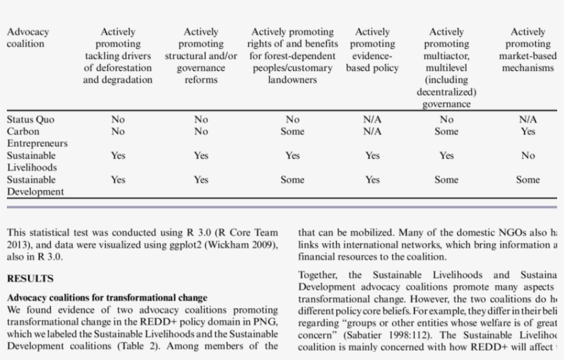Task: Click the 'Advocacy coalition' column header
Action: [28, 38]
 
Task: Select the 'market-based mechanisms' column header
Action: [528, 50]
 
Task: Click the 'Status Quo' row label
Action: [30, 119]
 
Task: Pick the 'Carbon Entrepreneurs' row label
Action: [37, 137]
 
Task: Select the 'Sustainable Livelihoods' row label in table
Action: [32, 161]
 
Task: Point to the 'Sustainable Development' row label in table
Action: [35, 185]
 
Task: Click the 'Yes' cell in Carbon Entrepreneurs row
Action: [528, 131]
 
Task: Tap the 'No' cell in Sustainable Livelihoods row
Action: [528, 156]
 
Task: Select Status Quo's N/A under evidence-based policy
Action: [372, 119]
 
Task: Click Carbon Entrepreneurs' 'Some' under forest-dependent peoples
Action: [292, 131]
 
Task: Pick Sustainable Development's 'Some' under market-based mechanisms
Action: [528, 180]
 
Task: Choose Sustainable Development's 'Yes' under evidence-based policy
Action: [372, 180]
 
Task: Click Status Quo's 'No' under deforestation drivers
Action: [118, 119]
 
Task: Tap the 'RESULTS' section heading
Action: [30, 279]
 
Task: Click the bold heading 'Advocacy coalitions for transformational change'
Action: [107, 298]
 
